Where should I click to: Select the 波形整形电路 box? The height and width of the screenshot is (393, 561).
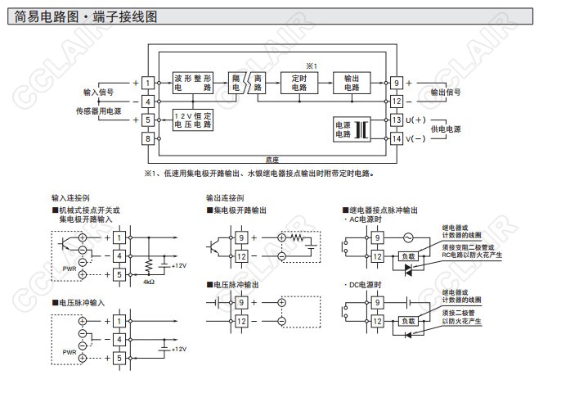click(193, 82)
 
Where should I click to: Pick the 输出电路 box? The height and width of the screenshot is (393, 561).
click(352, 82)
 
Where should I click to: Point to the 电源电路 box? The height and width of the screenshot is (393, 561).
click(343, 128)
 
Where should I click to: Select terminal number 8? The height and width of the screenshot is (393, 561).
click(147, 138)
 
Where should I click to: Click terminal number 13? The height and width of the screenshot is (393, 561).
click(397, 120)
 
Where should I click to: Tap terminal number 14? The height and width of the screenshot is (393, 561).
click(397, 138)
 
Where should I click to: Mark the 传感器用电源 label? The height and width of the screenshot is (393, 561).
click(93, 110)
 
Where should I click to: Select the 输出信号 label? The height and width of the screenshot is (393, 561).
click(446, 93)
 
